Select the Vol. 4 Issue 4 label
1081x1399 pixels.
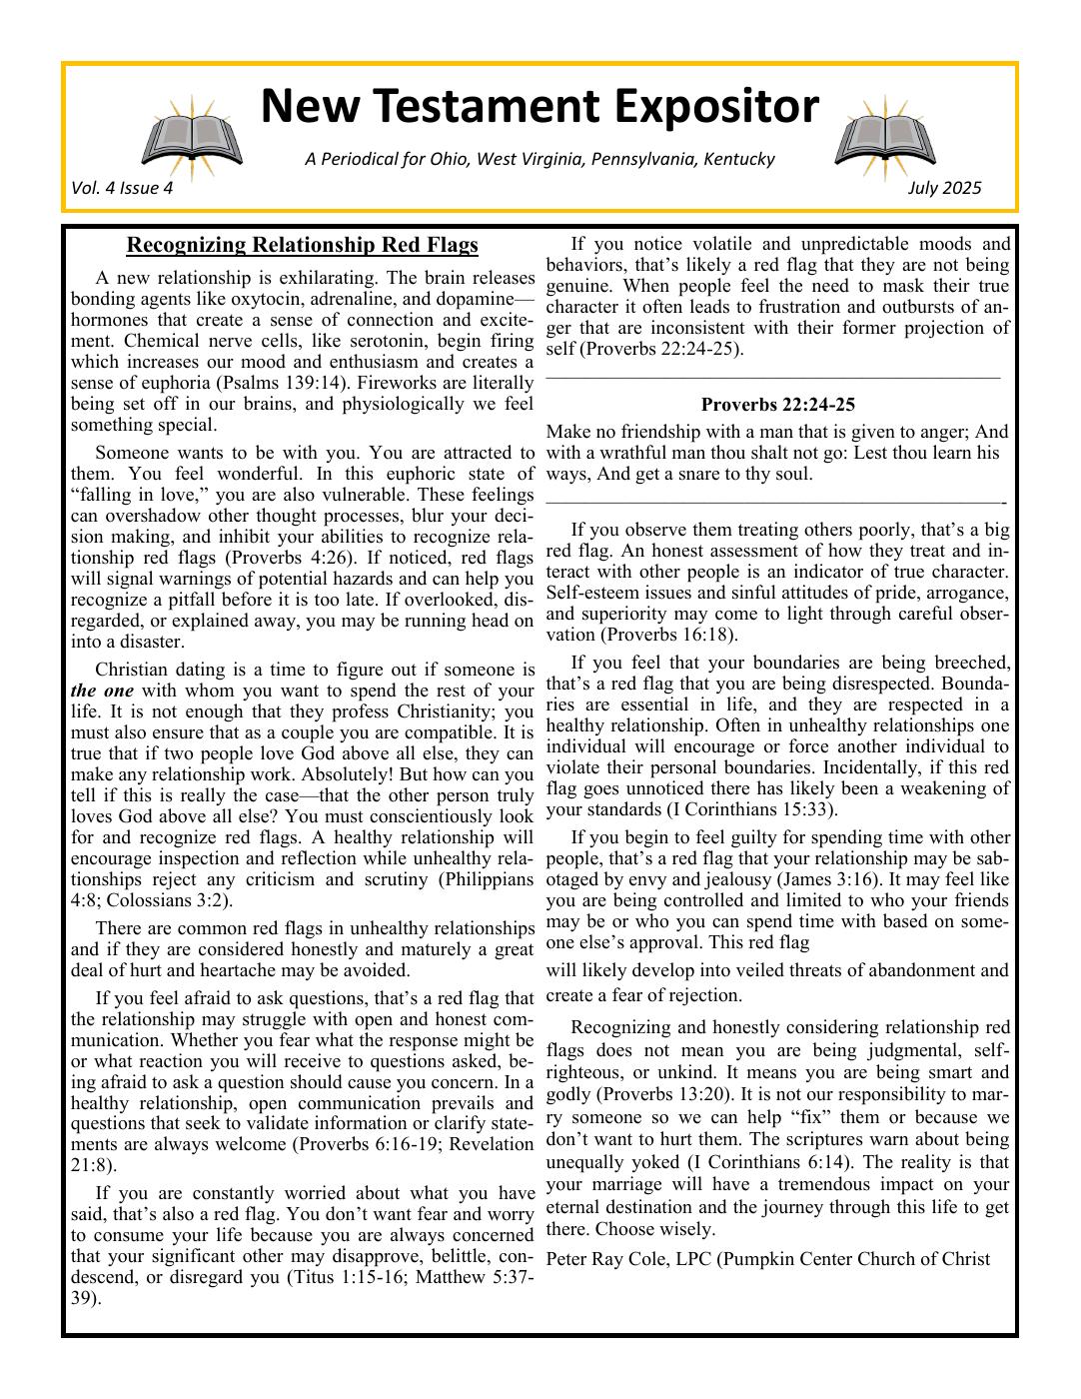(122, 188)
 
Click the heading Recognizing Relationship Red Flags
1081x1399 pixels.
(302, 245)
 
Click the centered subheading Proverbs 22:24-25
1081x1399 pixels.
(777, 405)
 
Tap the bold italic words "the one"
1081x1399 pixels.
(98, 692)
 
